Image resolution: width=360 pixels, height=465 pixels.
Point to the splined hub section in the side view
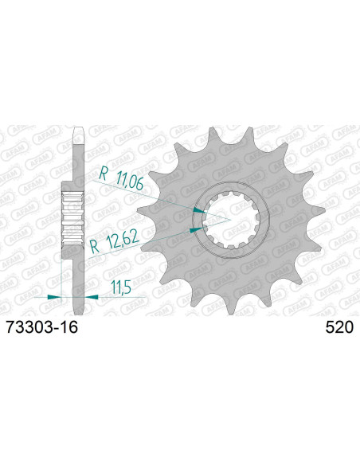(x=74, y=217)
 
